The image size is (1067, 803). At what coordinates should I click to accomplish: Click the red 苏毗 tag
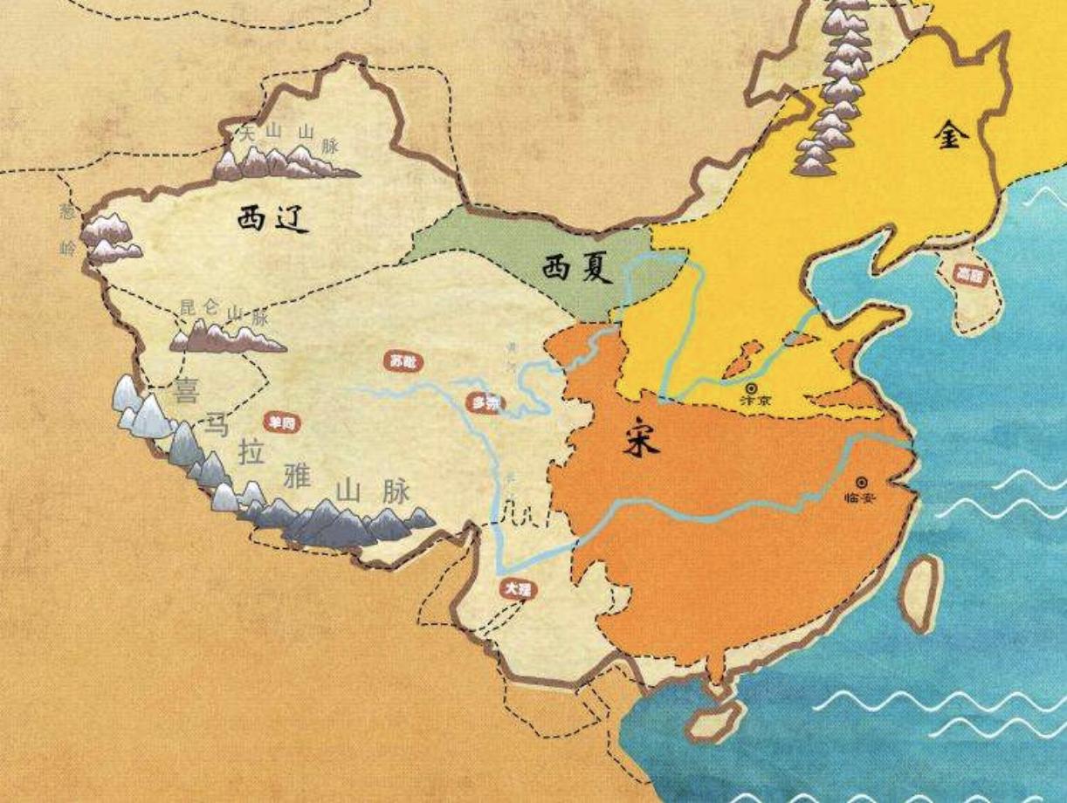(x=403, y=360)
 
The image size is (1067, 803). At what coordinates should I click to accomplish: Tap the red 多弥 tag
(x=485, y=403)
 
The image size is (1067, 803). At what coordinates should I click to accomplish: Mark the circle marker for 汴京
(x=751, y=387)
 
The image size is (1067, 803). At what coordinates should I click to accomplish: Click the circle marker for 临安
(x=863, y=481)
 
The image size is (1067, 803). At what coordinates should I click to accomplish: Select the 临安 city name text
(x=860, y=498)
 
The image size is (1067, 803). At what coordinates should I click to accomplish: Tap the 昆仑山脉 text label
(x=223, y=311)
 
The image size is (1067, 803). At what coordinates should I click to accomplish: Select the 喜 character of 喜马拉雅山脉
(x=186, y=390)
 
